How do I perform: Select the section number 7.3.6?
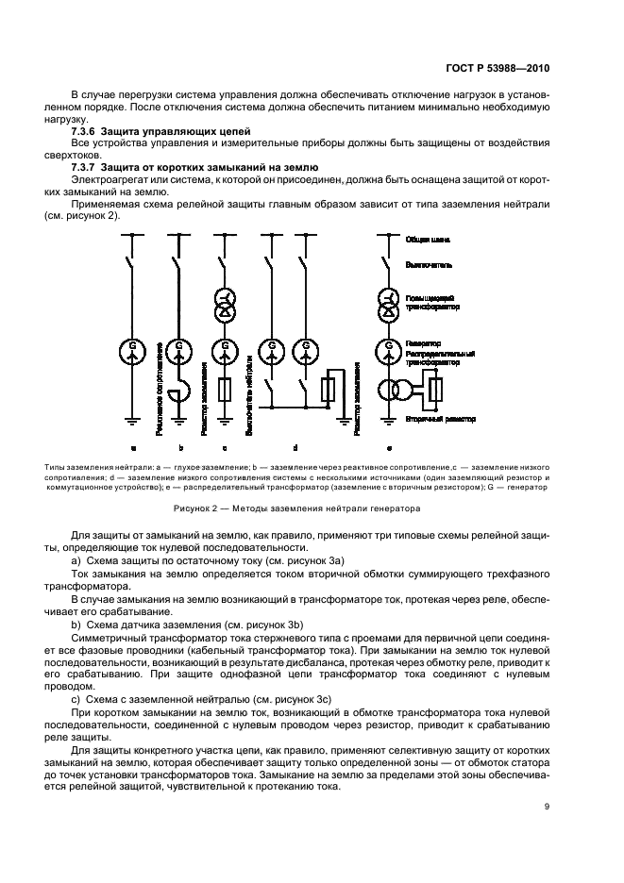87,129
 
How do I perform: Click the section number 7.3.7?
87,166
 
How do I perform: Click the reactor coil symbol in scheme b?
180,388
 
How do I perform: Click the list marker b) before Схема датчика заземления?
76,626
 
